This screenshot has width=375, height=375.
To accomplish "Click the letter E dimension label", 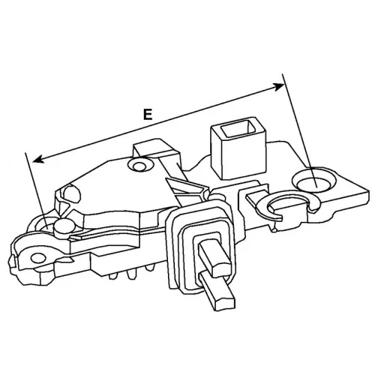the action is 148,115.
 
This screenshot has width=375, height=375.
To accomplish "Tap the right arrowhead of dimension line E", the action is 280,87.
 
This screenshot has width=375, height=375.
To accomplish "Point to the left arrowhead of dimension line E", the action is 38,159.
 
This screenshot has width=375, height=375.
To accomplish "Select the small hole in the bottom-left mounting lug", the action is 38,257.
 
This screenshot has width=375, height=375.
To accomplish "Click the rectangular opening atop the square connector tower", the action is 238,128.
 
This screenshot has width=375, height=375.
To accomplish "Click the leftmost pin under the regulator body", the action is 113,275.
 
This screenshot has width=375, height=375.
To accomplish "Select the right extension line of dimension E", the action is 299,130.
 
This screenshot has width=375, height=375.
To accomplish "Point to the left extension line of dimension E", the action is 36,190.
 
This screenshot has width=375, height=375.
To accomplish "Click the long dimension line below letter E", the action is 159,123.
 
